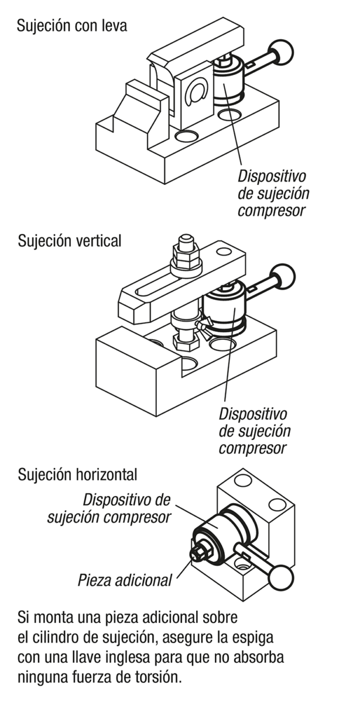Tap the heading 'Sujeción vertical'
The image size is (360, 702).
[70, 240]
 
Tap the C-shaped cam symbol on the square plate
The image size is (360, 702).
[195, 94]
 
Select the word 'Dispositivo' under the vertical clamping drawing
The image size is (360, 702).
[253, 414]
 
